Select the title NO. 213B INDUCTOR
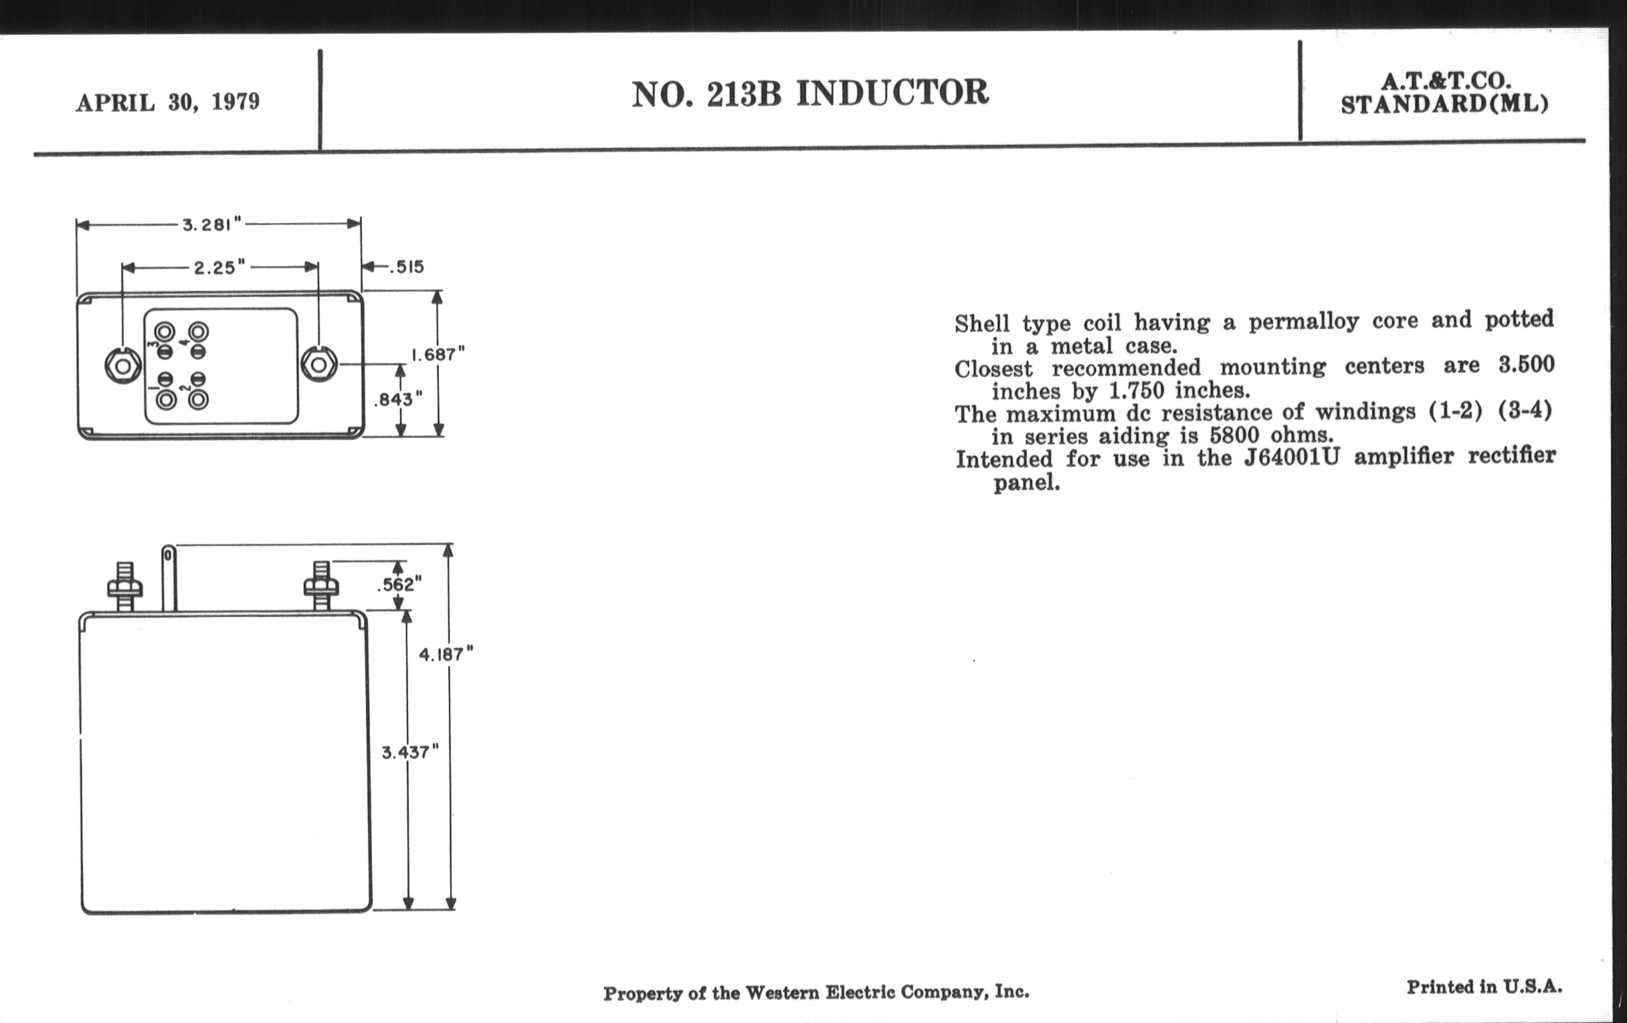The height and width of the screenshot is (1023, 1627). click(x=810, y=93)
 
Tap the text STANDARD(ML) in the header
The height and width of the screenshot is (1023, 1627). click(x=1444, y=105)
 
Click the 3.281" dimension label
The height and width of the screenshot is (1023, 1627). click(x=211, y=225)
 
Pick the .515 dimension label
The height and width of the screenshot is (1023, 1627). click(x=405, y=267)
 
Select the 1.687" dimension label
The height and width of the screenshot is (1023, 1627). click(x=438, y=354)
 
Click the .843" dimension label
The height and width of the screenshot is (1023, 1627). click(x=399, y=400)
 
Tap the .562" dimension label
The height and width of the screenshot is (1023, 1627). click(x=399, y=584)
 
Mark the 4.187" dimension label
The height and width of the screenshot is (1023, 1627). click(x=446, y=655)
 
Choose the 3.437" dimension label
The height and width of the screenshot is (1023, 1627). click(x=410, y=752)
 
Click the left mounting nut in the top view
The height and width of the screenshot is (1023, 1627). click(x=123, y=365)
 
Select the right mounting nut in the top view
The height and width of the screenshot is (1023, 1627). click(x=318, y=364)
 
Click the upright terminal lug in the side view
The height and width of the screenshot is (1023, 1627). click(x=169, y=577)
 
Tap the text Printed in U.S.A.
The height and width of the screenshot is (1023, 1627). click(x=1485, y=986)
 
